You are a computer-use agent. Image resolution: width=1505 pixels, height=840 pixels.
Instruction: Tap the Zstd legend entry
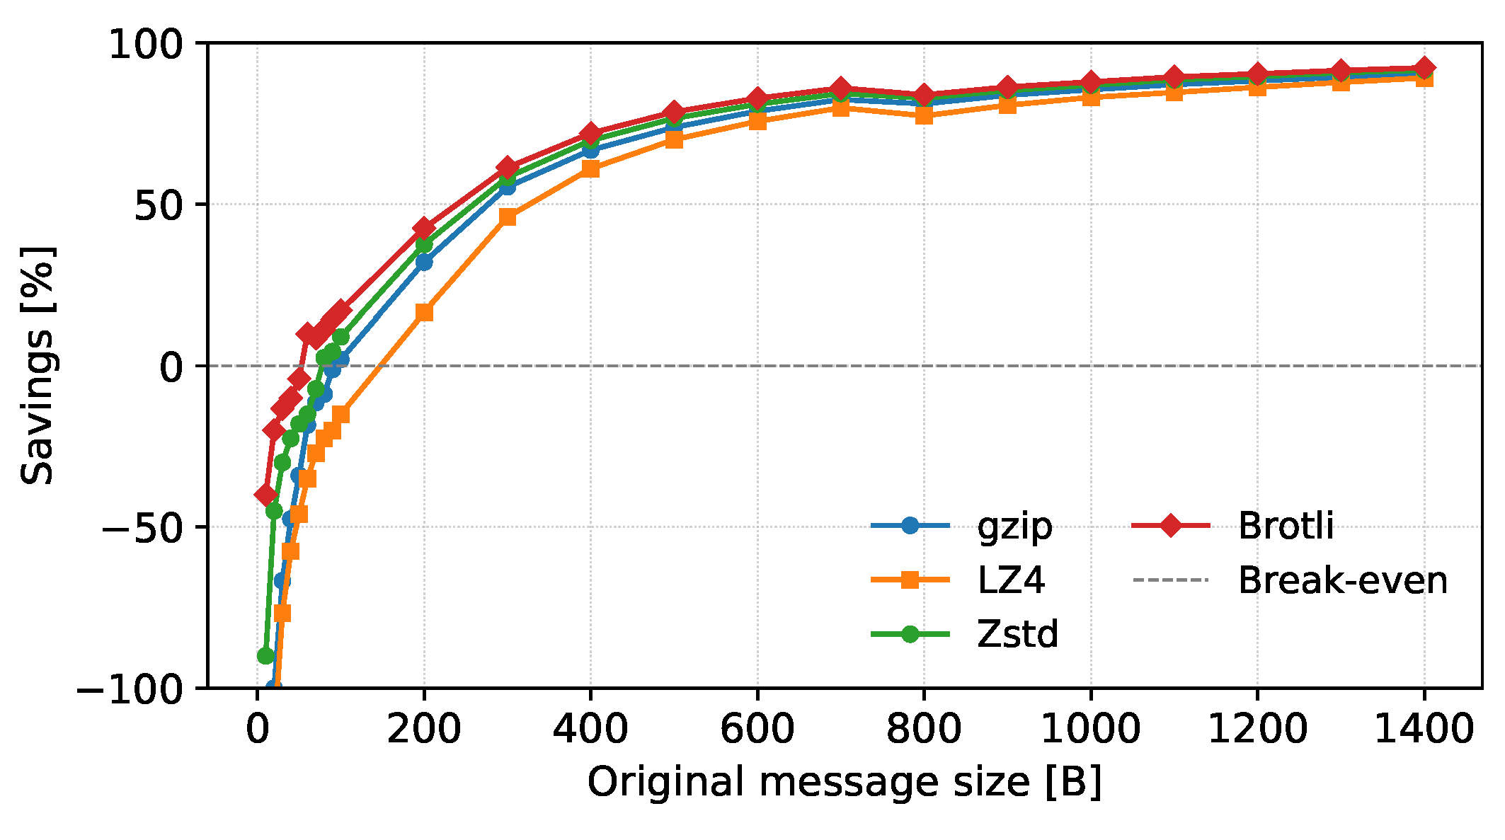pyautogui.click(x=965, y=634)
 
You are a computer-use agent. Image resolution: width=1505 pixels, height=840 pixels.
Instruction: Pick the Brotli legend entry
pyautogui.click(x=1232, y=526)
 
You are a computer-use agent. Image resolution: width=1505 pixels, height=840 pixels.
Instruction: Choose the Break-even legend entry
pyautogui.click(x=1290, y=580)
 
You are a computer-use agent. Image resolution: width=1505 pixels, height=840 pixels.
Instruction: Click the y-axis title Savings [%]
pyautogui.click(x=37, y=365)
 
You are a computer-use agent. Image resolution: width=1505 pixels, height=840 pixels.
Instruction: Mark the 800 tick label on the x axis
pyautogui.click(x=923, y=729)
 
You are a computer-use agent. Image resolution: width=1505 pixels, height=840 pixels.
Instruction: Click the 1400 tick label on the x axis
pyautogui.click(x=1424, y=729)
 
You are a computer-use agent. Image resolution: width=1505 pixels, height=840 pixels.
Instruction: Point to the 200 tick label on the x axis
pyautogui.click(x=423, y=729)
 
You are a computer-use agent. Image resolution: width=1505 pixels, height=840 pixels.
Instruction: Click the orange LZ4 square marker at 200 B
pyautogui.click(x=424, y=313)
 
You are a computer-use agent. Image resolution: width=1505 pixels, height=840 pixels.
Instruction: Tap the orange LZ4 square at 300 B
pyautogui.click(x=507, y=217)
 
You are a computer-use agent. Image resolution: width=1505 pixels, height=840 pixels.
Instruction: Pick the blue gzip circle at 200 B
pyautogui.click(x=424, y=263)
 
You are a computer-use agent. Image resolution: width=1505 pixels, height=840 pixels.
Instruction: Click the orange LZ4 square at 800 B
pyautogui.click(x=924, y=115)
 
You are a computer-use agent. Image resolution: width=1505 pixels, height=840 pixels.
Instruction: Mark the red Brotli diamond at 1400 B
pyautogui.click(x=1424, y=68)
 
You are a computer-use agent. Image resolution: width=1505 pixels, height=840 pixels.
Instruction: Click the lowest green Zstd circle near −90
pyautogui.click(x=265, y=656)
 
